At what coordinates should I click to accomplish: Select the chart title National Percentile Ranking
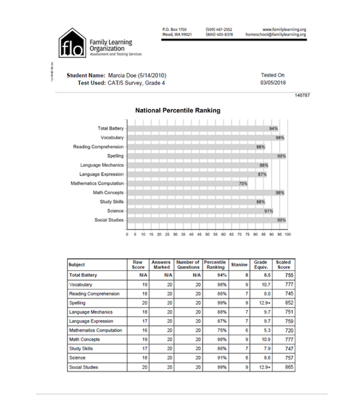[178, 111]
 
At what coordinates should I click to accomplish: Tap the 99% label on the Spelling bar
[281, 156]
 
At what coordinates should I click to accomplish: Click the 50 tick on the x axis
[208, 235]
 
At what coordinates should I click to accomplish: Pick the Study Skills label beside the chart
[109, 202]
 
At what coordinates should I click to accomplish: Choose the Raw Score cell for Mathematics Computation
[136, 330]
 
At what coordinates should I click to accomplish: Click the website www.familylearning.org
[285, 29]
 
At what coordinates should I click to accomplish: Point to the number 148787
[302, 95]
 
